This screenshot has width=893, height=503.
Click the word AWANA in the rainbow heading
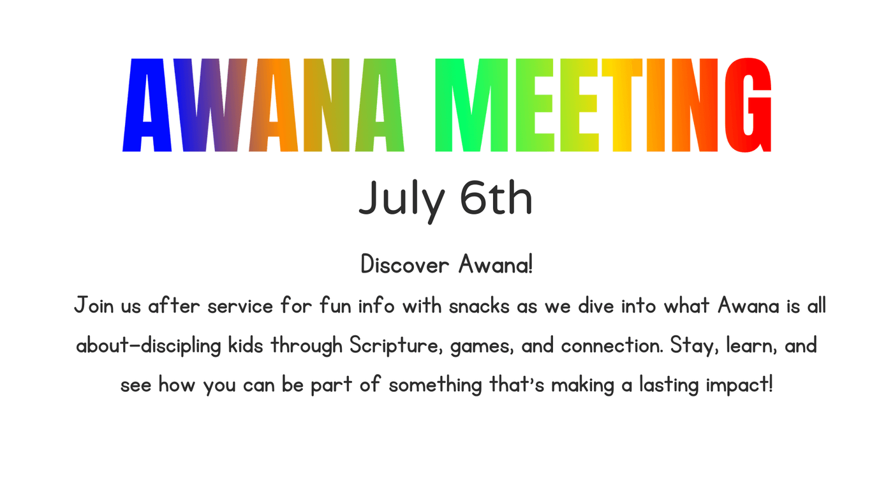tap(263, 105)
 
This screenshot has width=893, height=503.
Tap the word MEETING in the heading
tap(603, 105)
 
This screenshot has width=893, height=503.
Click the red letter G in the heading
tap(748, 105)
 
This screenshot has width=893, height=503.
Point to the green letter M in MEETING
tap(471, 105)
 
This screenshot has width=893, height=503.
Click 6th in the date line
tap(496, 197)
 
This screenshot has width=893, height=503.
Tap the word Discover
tap(404, 264)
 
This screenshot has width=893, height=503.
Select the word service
tap(240, 306)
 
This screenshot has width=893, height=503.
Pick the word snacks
tap(479, 306)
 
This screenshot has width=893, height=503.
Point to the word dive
tap(596, 306)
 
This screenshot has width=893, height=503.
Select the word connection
tap(612, 345)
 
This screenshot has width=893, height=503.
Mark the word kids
tap(245, 345)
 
